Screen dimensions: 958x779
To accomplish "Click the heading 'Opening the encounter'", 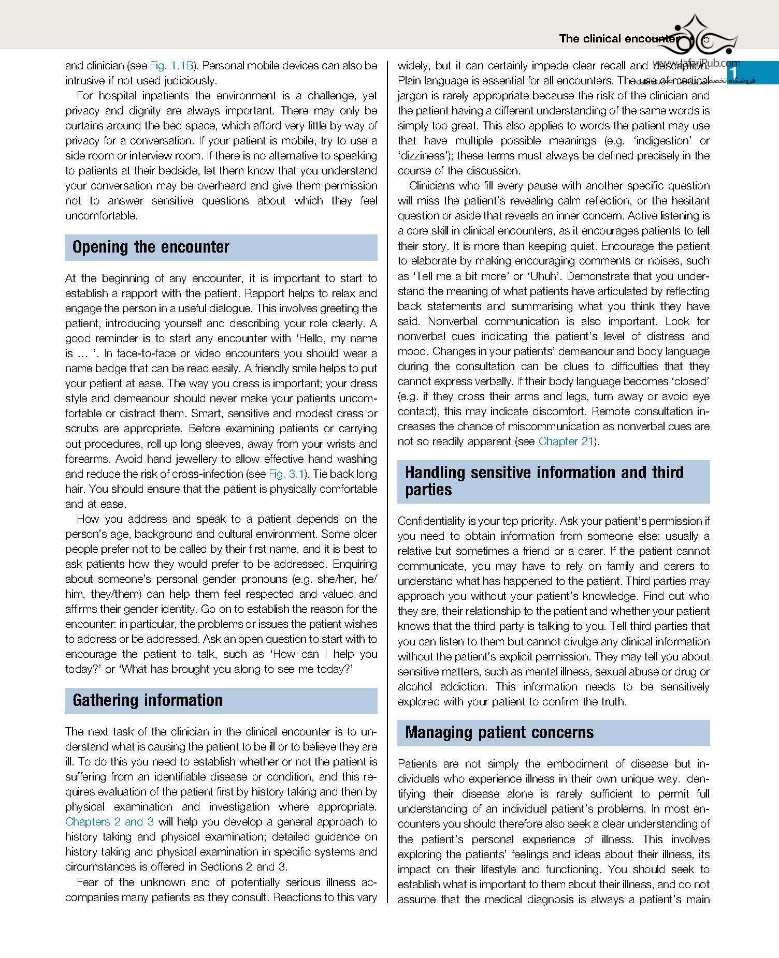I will [x=151, y=247].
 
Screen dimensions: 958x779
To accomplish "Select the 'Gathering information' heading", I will [x=148, y=700].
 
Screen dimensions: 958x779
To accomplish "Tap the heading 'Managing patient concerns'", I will [x=499, y=732].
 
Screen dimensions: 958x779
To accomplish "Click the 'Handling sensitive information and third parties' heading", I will [x=544, y=481].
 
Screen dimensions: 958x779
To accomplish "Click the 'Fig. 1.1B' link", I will [x=171, y=66].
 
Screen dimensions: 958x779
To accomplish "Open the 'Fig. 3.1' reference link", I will [x=286, y=474].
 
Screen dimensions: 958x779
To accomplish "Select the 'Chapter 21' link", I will [x=566, y=441].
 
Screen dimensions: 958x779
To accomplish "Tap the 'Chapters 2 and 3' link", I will [x=109, y=821].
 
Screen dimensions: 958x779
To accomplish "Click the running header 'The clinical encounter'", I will [x=618, y=39].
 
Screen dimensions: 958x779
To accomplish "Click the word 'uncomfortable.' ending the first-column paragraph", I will [x=102, y=216].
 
